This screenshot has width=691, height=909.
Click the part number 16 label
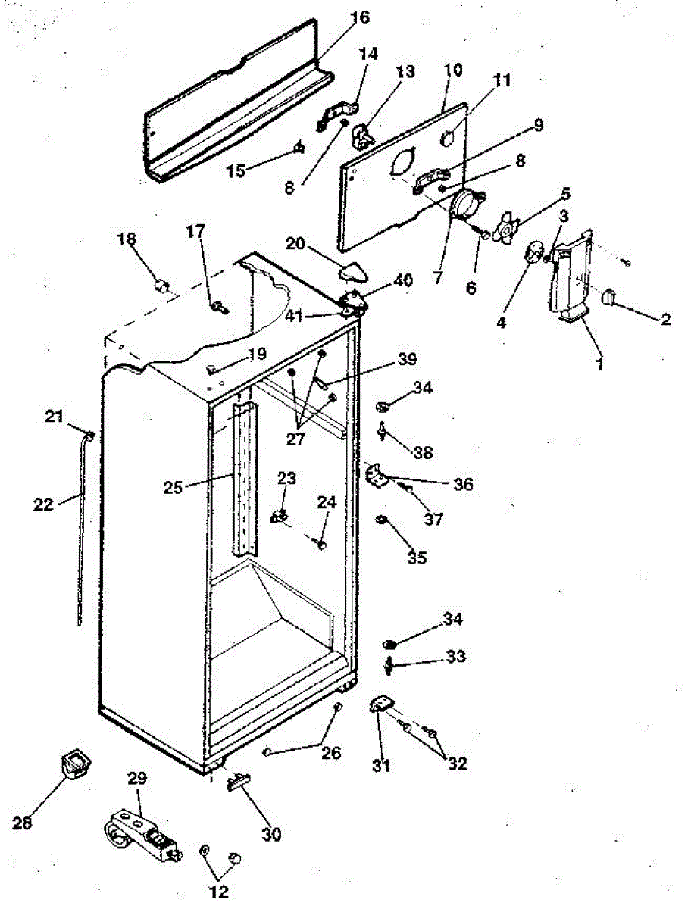(x=359, y=18)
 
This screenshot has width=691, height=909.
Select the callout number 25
(x=173, y=487)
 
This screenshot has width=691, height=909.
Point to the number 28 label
(x=23, y=823)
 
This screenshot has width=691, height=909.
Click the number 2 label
(x=666, y=319)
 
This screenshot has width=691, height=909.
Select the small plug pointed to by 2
(x=608, y=296)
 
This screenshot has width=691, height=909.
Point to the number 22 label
(x=43, y=504)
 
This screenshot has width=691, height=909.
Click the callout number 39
(x=407, y=358)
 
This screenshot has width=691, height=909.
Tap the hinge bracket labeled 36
(x=377, y=476)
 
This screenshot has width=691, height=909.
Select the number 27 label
(x=295, y=439)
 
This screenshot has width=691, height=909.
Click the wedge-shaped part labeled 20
(x=355, y=271)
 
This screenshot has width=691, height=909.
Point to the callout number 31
(x=381, y=765)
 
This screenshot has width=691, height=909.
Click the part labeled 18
(x=161, y=286)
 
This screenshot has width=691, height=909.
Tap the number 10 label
(x=453, y=70)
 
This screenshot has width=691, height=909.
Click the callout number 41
(x=294, y=316)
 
